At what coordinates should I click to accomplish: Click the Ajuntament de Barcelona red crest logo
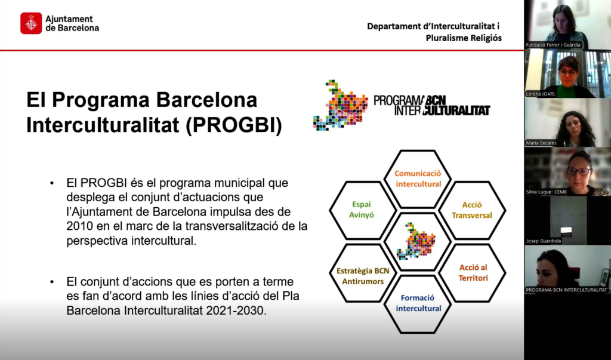coord(31,23)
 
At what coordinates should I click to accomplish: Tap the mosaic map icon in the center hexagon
coord(416,241)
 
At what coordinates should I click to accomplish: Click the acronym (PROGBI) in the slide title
coord(233,125)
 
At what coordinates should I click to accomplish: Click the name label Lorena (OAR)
coord(541,94)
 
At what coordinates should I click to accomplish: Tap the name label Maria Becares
coord(541,143)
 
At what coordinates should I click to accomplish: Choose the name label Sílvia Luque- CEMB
coord(547,192)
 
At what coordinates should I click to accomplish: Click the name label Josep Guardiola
coord(544,241)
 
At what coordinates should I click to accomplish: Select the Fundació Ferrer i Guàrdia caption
coord(553,45)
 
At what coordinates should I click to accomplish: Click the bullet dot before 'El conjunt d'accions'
coord(52,282)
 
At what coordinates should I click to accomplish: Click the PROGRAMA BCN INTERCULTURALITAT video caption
coord(567,290)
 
